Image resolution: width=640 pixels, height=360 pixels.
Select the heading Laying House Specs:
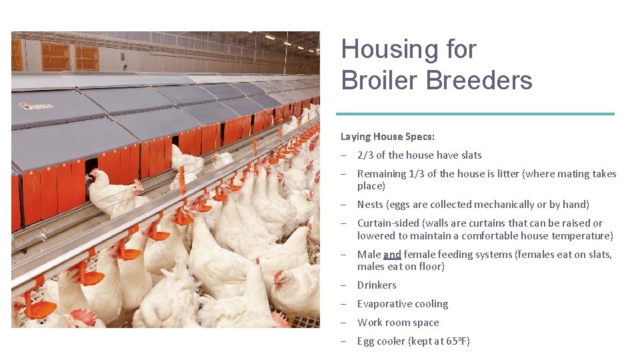coord(387,137)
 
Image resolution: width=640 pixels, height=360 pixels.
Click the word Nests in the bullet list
coord(371,205)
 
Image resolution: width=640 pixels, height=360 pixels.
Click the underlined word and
coord(393,254)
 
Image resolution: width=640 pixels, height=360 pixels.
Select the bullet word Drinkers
coord(377,285)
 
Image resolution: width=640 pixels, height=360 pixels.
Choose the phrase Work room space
coord(398,323)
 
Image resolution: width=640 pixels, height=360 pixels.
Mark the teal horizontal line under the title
coord(475,114)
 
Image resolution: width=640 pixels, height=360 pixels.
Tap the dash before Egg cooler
coord(342,341)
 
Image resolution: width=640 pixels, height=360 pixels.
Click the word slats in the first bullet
coord(471,155)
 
